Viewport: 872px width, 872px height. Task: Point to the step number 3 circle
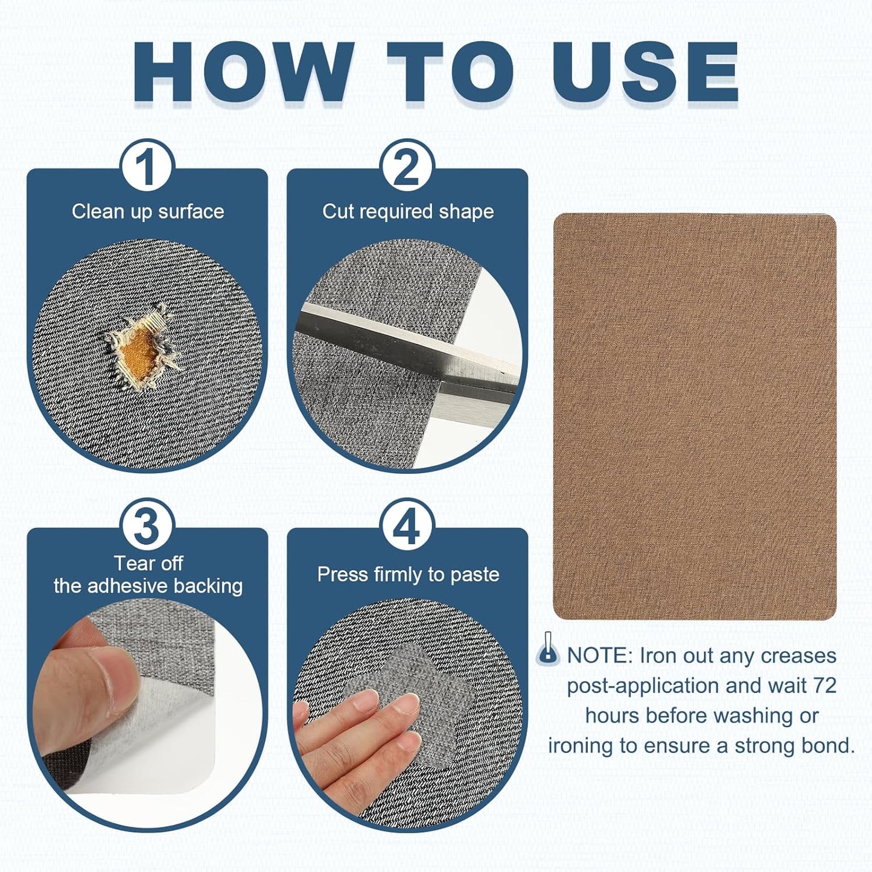click(147, 526)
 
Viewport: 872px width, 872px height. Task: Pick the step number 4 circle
click(407, 526)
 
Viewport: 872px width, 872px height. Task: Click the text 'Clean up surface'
click(148, 212)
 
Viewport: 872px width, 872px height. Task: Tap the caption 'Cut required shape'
click(408, 212)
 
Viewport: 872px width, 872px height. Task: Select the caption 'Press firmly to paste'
click(408, 574)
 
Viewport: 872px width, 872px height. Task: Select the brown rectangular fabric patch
click(695, 416)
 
